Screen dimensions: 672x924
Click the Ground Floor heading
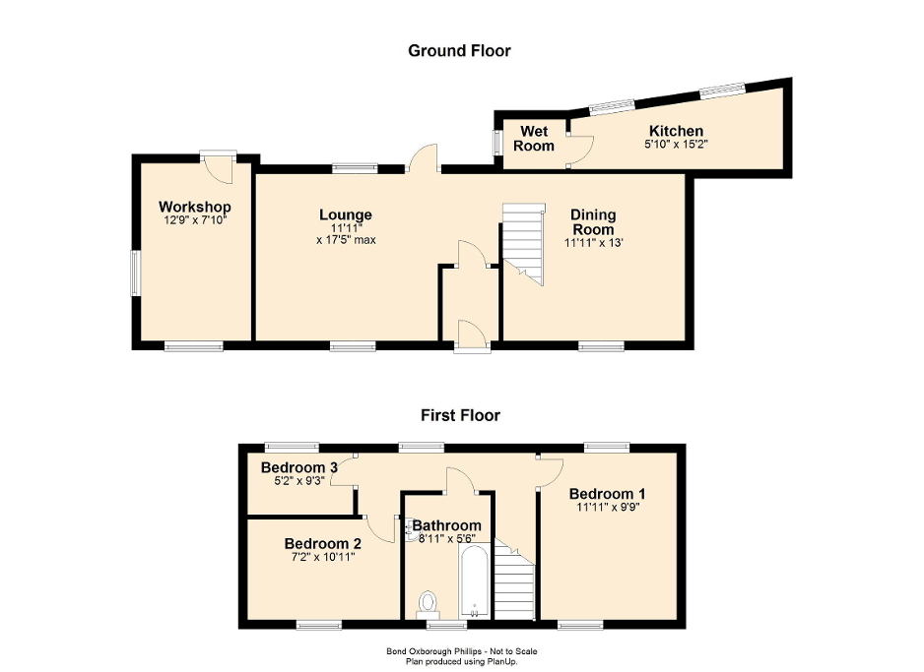(x=459, y=50)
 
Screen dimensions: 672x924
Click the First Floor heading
(x=460, y=415)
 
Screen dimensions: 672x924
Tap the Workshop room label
(x=195, y=207)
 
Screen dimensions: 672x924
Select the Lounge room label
(x=345, y=214)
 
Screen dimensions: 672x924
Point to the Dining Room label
(x=592, y=221)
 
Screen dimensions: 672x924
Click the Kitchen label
(x=675, y=131)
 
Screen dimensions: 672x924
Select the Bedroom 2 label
(x=322, y=543)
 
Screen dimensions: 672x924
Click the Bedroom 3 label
(x=299, y=468)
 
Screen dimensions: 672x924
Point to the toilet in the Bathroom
(x=429, y=601)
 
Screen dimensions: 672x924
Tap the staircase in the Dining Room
(x=524, y=242)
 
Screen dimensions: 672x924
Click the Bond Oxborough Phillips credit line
(x=461, y=651)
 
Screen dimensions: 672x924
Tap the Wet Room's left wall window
(x=496, y=142)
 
